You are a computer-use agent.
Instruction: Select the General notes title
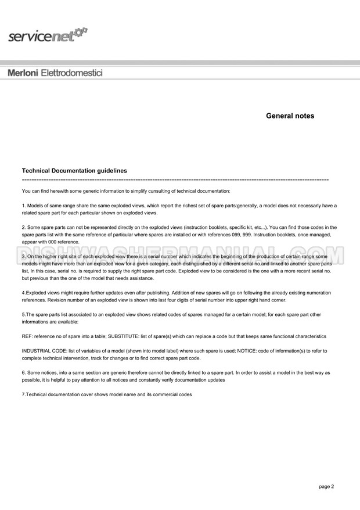tap(290, 116)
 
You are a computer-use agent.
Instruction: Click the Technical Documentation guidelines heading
tap(74, 171)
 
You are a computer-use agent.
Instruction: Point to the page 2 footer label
tap(326, 487)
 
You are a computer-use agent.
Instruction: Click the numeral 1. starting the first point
tap(24, 206)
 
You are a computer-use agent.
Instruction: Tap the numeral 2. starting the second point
tap(24, 227)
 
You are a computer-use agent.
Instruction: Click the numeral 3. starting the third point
tap(24, 256)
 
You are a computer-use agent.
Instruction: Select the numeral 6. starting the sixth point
tap(24, 372)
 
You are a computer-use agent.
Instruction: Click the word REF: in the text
tap(28, 336)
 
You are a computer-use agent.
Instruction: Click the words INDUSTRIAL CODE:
tap(45, 351)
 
